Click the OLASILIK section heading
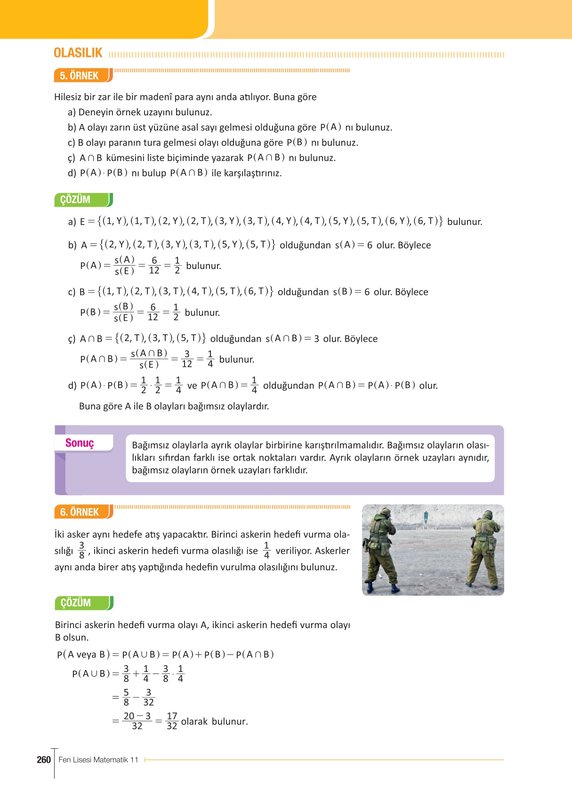[78, 53]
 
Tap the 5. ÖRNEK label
[79, 75]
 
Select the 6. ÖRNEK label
[80, 512]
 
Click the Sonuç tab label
[80, 443]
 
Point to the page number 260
[44, 760]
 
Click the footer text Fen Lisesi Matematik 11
[98, 760]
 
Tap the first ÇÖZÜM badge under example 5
[76, 200]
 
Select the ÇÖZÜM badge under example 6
[76, 603]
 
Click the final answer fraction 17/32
[172, 721]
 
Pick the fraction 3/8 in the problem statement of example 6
[81, 550]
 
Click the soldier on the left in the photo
[382, 549]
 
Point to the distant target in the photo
[426, 517]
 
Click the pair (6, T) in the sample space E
[427, 221]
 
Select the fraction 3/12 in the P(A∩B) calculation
[187, 359]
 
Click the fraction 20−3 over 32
[137, 721]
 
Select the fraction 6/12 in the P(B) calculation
[153, 313]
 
